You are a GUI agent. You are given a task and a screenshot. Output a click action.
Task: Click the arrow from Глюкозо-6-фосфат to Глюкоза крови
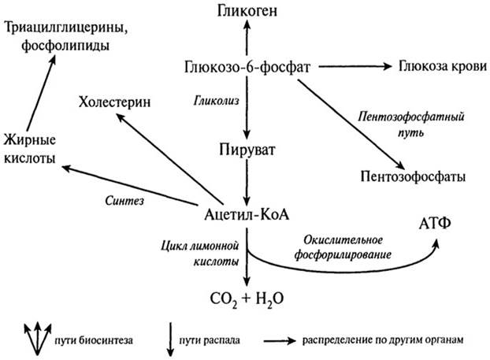351,68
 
